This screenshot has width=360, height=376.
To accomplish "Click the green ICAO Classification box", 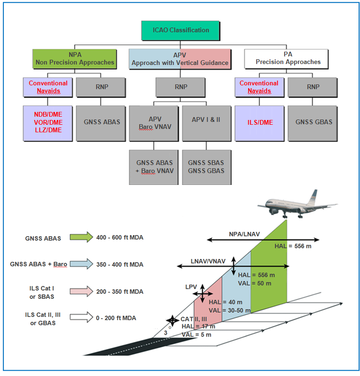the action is click(180, 30).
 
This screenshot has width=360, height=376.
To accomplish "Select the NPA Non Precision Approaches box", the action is click(74, 59).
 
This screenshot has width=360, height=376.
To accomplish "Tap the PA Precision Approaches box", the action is click(286, 59).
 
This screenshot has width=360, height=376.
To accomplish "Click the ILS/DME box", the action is click(260, 123).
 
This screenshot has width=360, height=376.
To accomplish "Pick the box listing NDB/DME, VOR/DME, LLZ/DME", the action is click(48, 123).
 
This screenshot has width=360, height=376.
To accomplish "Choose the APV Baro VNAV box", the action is click(154, 123).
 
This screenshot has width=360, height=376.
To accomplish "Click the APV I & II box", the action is click(207, 123).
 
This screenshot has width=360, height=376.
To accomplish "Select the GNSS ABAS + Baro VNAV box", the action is click(154, 167).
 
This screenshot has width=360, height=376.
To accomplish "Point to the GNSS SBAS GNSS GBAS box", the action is click(207, 167).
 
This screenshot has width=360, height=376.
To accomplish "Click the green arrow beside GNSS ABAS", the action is click(81, 237).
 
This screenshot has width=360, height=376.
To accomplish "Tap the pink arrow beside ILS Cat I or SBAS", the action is click(81, 291).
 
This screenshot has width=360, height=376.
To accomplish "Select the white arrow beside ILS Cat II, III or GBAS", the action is click(81, 317).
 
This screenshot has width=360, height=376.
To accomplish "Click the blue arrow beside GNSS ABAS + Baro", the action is click(81, 264).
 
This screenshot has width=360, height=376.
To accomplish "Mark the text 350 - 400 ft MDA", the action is click(120, 265).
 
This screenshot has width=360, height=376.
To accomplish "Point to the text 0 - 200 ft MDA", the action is click(116, 318).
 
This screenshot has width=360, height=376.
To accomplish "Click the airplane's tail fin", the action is click(312, 197).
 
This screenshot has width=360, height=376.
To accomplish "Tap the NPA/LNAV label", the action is click(244, 234).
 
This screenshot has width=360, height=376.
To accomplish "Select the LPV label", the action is click(191, 287).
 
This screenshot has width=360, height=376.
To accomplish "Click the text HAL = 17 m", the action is click(198, 326).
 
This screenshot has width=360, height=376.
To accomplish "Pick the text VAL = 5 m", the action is click(197, 335).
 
